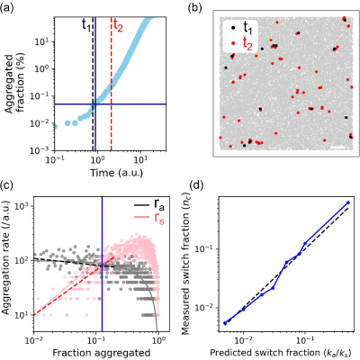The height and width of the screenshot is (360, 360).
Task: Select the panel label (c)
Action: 6,185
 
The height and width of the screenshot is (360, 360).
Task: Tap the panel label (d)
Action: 195,185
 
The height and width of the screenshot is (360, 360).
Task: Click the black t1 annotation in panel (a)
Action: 86,25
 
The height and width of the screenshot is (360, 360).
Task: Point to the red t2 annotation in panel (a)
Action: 118,26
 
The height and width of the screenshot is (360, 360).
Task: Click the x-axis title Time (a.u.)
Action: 117,173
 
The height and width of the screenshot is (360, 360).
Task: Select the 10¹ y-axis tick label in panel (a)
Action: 42,41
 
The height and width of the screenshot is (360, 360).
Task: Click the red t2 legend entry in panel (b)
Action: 242,44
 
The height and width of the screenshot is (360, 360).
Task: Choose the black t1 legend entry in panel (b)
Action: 242,28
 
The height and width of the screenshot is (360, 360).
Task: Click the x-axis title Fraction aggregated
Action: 102,352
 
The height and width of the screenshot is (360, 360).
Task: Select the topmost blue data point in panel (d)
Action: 348,202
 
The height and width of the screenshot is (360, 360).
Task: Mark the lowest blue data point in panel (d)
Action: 225,323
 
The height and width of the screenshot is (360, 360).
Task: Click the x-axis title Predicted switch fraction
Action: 281,352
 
